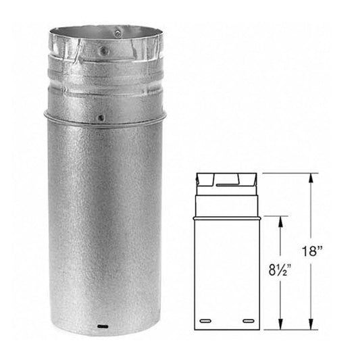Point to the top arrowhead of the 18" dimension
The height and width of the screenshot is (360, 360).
pos(311,177)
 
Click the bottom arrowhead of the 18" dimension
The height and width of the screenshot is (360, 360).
pos(311,326)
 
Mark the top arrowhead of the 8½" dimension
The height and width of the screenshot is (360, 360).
pos(278,220)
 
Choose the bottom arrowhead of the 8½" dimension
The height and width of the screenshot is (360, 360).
pos(278,326)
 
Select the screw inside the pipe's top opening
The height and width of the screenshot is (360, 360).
pos(118,31)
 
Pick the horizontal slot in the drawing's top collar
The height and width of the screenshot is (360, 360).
pos(227,182)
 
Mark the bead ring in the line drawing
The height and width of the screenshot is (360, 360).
pos(227,217)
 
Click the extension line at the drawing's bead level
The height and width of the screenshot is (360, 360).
pos(277,216)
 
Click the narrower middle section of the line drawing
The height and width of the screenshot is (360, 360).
pos(227,203)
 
